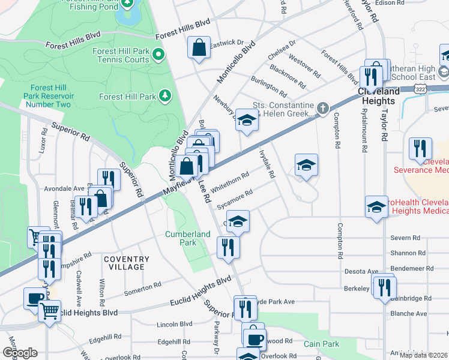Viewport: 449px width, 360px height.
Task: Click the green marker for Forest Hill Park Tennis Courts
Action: [x=158, y=56]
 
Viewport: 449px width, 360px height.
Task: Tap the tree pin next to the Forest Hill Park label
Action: [x=164, y=96]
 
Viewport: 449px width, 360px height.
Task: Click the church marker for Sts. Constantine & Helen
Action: [x=323, y=109]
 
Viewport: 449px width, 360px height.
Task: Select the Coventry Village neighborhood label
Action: [x=126, y=263]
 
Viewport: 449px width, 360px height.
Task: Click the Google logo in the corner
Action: [x=20, y=353]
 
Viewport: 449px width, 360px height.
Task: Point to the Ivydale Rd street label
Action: [x=267, y=164]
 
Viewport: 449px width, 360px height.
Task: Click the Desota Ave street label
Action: [x=361, y=271]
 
